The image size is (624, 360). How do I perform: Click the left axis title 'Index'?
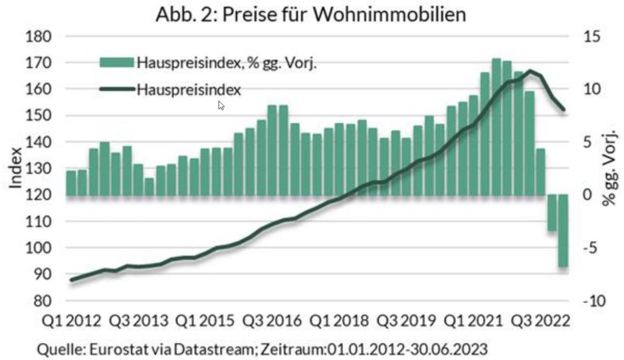click(x=16, y=169)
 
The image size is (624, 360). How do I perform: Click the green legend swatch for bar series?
click(x=117, y=62)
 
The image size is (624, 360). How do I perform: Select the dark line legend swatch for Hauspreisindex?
click(x=117, y=88)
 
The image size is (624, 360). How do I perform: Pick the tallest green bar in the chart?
click(x=496, y=126)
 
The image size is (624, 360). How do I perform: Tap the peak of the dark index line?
click(x=530, y=71)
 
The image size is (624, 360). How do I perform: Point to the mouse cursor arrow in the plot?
click(x=221, y=105)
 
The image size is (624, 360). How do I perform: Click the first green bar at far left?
click(x=71, y=183)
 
